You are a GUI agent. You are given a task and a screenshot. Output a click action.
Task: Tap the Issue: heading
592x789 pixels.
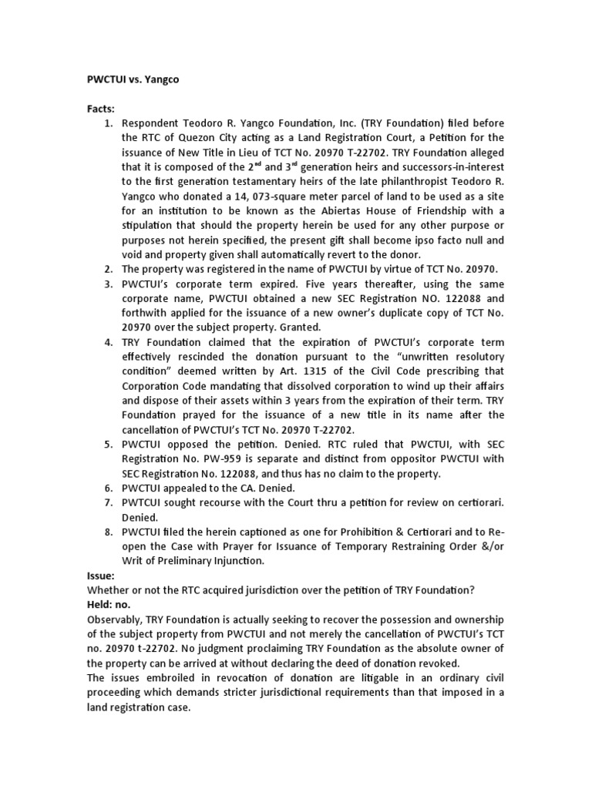click(x=100, y=576)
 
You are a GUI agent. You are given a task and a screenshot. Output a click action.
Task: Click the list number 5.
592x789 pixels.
click(x=109, y=445)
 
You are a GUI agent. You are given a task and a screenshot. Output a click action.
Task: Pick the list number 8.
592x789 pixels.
click(x=109, y=532)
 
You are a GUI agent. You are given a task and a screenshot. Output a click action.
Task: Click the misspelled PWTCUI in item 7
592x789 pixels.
click(x=143, y=503)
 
